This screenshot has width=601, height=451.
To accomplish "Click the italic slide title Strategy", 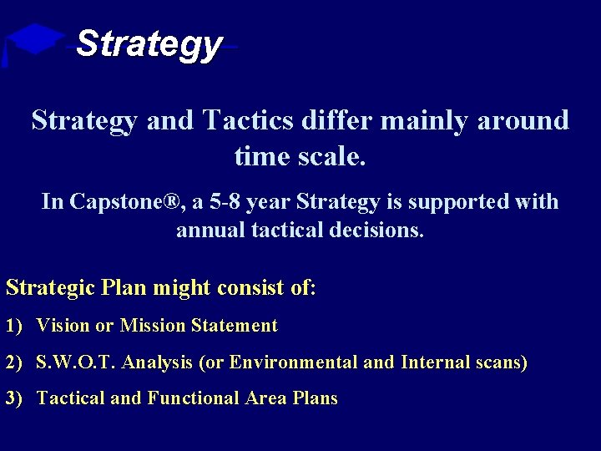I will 149,43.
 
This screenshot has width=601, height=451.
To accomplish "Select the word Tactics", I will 248,120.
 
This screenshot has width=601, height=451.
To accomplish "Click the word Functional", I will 193,399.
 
